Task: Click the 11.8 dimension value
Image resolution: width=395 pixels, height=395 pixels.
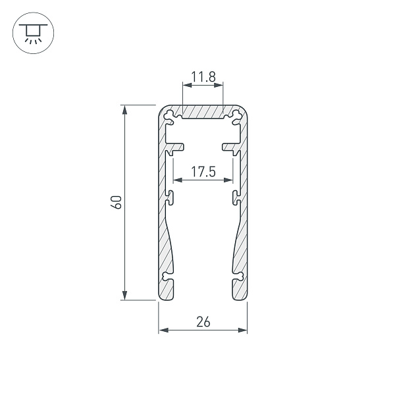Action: [x=203, y=78]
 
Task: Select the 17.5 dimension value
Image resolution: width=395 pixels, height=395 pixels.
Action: [x=203, y=172]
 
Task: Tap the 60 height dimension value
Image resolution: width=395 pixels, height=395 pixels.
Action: [x=116, y=202]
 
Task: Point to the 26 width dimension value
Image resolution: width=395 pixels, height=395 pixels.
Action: [x=203, y=322]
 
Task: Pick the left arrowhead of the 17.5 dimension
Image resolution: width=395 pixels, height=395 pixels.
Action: [x=176, y=180]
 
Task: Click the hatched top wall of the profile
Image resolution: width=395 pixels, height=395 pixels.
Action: [x=203, y=111]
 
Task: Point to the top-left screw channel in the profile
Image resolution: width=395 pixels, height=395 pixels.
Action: [x=172, y=117]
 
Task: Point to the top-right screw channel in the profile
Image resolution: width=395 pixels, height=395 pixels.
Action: [x=234, y=117]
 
